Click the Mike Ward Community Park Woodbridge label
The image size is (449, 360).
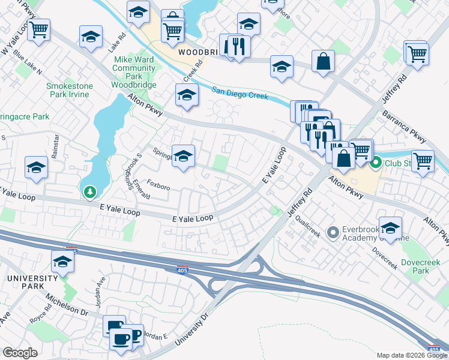(x=135, y=73)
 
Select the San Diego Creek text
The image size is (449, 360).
(x=240, y=95)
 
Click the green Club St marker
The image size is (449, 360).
(x=376, y=163)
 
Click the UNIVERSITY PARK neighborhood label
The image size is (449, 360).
(x=31, y=279)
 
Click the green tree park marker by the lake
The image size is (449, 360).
(x=90, y=192)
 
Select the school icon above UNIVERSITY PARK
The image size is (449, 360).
(x=62, y=262)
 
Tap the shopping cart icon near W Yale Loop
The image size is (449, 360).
(x=39, y=28)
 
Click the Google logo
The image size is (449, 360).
(x=20, y=353)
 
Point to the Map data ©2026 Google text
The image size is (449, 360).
(x=411, y=355)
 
